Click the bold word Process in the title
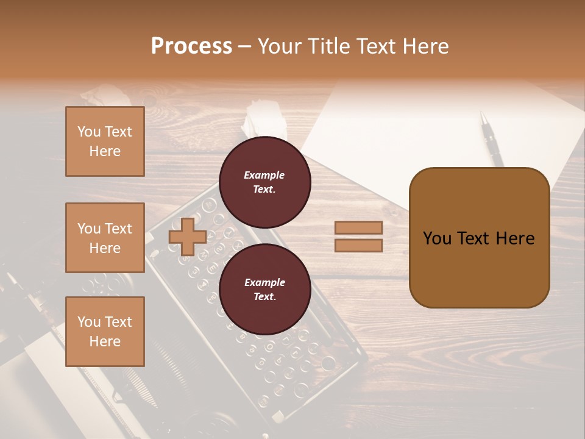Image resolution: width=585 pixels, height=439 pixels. tap(191, 46)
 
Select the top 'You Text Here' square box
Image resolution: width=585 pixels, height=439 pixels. tap(105, 141)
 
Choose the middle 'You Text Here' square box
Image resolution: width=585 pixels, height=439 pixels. tap(105, 238)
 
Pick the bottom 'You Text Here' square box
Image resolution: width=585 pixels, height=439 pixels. tap(105, 332)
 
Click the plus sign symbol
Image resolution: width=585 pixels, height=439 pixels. tap(188, 237)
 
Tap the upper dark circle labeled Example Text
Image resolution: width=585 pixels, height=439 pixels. tap(265, 182)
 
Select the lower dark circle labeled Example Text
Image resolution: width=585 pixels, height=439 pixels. tap(265, 290)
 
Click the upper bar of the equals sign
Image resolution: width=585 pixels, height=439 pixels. tap(359, 227)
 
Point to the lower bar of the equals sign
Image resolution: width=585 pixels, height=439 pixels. tap(359, 245)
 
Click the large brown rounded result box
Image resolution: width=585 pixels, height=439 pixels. tap(479, 238)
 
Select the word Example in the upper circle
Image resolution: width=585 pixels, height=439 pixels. tap(264, 175)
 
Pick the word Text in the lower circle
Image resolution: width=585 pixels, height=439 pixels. tap(264, 297)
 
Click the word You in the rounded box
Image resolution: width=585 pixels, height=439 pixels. tap(437, 238)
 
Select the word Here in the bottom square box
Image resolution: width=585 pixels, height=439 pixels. tap(105, 341)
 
